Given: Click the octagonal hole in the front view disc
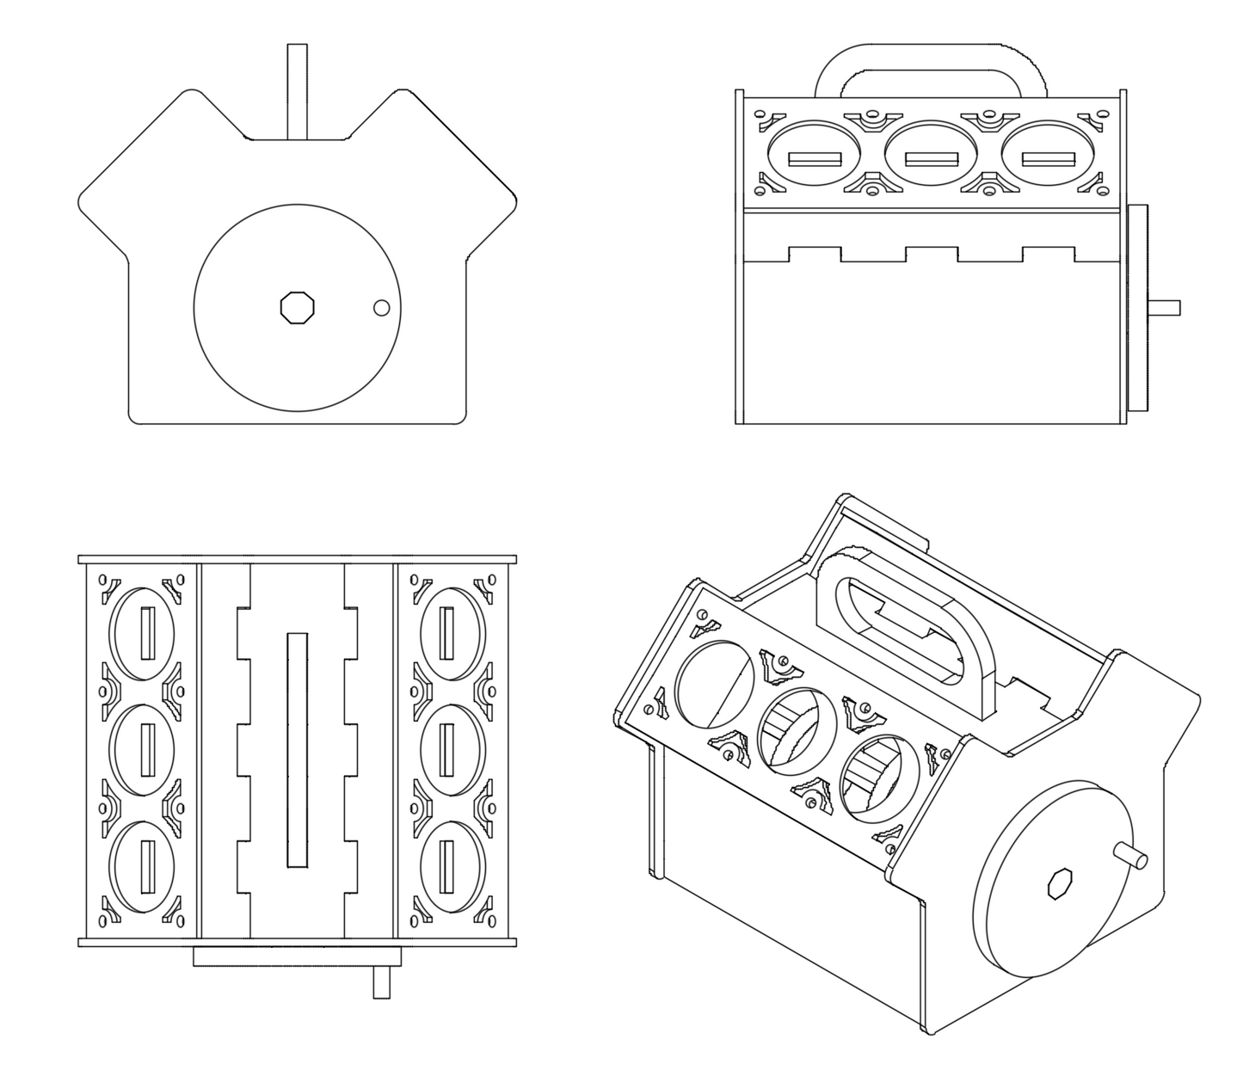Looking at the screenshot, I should point(298,307).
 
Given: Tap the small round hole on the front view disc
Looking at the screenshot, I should point(381,307).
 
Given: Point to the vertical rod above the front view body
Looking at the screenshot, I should point(297,90).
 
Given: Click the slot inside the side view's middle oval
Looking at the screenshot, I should point(932,159).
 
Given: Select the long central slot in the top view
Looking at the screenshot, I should point(297,750).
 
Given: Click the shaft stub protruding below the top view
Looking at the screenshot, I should point(381,981).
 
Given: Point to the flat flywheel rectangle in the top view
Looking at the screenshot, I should point(297,956).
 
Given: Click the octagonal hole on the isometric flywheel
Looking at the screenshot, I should point(1058,883).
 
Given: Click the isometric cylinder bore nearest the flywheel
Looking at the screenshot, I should point(873,777).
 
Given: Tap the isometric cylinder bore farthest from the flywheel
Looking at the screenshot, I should point(715,682).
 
